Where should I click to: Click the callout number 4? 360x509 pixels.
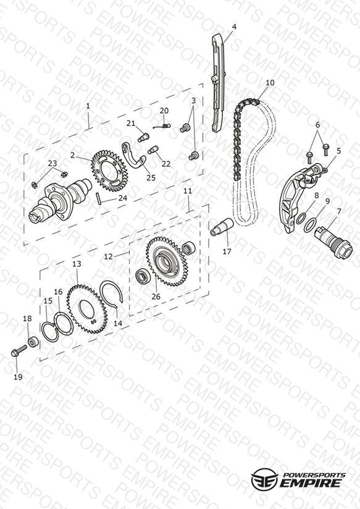[x=234, y=27]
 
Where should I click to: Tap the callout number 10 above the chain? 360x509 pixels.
[x=270, y=83]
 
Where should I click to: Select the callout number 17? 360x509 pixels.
[x=227, y=251]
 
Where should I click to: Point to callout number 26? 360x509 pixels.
[x=156, y=297]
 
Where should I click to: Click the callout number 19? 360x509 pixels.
[x=18, y=377]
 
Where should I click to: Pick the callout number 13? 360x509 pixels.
[x=77, y=264]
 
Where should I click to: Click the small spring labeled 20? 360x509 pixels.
[x=161, y=125]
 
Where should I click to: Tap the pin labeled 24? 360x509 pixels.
[x=99, y=198]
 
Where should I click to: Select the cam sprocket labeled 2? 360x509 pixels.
[x=109, y=170]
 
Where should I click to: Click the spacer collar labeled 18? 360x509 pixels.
[x=33, y=342]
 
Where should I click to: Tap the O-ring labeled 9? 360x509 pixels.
[x=310, y=225]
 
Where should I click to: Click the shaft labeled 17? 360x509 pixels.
[x=222, y=227]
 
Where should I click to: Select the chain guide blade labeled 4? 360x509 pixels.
[x=218, y=83]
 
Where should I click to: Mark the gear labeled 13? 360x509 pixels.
[x=87, y=308]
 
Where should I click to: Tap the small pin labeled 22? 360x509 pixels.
[x=153, y=149]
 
